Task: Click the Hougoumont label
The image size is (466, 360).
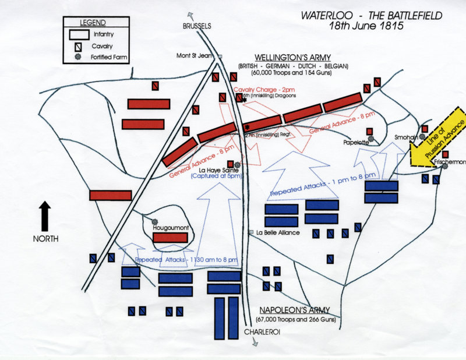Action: pyautogui.click(x=169, y=228)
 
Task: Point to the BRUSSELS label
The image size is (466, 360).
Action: pyautogui.click(x=196, y=26)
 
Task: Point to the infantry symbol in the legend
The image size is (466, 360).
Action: pyautogui.click(x=77, y=35)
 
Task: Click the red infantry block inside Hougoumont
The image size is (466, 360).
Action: pyautogui.click(x=171, y=238)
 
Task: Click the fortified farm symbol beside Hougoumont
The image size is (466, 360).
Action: pyautogui.click(x=155, y=220)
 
